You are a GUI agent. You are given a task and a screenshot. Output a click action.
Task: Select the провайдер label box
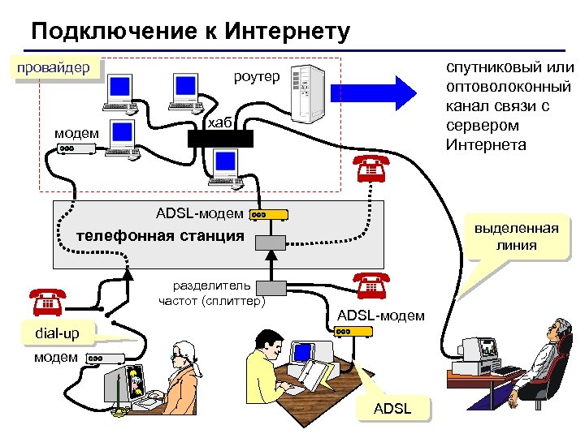54,68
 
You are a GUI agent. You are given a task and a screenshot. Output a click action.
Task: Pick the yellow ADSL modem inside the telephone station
269,215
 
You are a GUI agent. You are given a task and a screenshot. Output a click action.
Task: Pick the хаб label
219,122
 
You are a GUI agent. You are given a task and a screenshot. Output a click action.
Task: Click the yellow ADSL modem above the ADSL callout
355,332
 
